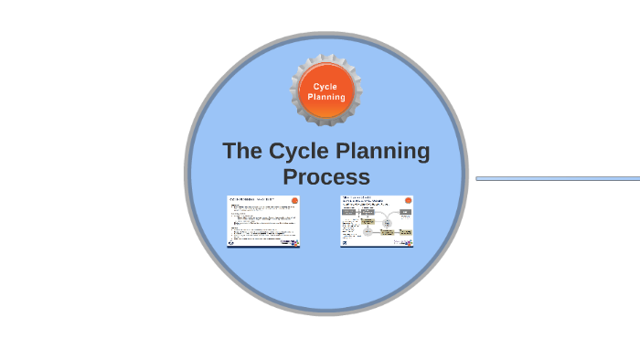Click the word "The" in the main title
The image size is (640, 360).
[x=242, y=151]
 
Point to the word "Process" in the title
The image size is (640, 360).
[x=326, y=175]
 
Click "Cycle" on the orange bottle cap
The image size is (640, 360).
[x=325, y=87]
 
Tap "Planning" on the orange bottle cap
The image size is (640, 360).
[x=326, y=97]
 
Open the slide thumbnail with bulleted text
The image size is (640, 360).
[x=263, y=221]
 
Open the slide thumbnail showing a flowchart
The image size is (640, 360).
[x=377, y=221]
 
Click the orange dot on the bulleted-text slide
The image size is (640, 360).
[x=294, y=201]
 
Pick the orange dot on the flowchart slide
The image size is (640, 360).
[x=408, y=201]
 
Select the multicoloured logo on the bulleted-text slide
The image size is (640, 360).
[x=291, y=243]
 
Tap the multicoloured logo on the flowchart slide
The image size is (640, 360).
[x=404, y=243]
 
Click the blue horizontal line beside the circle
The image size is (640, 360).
[x=558, y=178]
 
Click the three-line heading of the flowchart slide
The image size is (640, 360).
[x=358, y=200]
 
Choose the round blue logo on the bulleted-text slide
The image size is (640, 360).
[x=232, y=243]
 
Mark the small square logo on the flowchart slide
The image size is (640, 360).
[x=345, y=243]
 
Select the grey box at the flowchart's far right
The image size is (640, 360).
[x=405, y=212]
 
